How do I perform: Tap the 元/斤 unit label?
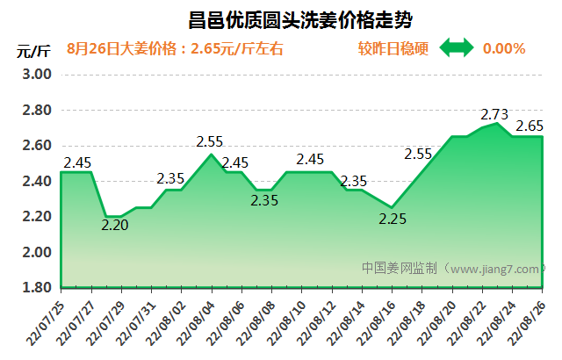pyautogui.click(x=32, y=50)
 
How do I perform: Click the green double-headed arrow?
pyautogui.click(x=456, y=48)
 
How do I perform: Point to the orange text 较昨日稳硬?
pyautogui.click(x=393, y=48)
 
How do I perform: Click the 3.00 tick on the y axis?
pyautogui.click(x=36, y=74)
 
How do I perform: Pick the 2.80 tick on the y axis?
pyautogui.click(x=36, y=110)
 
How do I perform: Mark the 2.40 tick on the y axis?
pyautogui.click(x=36, y=181)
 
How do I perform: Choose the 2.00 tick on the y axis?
pyautogui.click(x=36, y=252)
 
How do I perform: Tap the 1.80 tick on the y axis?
pyautogui.click(x=36, y=288)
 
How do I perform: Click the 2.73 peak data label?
pyautogui.click(x=495, y=114)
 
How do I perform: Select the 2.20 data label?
pyautogui.click(x=116, y=225)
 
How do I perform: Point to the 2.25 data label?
pyautogui.click(x=393, y=220)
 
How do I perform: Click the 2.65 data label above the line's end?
pyautogui.click(x=529, y=126)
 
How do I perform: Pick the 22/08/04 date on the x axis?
pyautogui.click(x=196, y=320)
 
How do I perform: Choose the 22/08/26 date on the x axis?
pyautogui.click(x=528, y=320)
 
